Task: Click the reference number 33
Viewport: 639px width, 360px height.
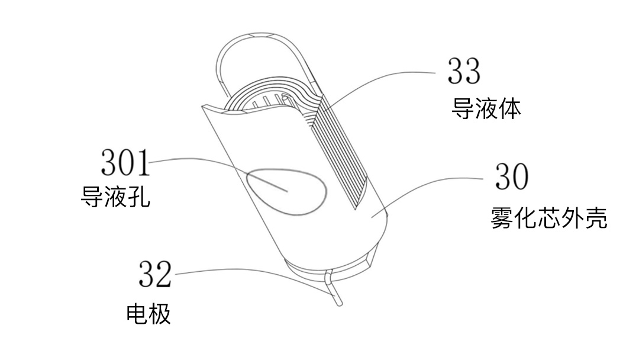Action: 464,71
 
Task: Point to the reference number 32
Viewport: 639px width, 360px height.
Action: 155,274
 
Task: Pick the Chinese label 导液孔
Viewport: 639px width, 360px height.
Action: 115,197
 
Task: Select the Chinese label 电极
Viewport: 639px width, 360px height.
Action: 149,314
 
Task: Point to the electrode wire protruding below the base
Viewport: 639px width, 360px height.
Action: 335,293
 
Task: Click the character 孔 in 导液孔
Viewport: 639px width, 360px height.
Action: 139,197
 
